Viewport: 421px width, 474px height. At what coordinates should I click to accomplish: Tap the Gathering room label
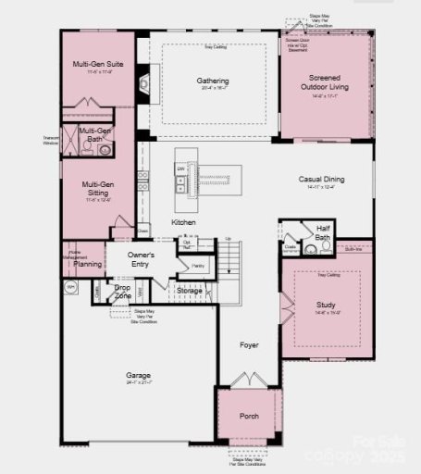click(212, 81)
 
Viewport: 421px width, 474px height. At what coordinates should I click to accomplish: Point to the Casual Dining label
click(321, 180)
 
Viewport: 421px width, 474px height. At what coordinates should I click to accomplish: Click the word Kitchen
click(183, 223)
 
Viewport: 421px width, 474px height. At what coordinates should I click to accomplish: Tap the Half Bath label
click(323, 232)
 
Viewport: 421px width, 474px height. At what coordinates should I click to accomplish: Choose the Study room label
click(325, 305)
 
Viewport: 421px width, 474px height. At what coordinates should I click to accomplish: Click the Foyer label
click(249, 345)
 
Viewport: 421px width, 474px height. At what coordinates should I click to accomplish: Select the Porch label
click(249, 417)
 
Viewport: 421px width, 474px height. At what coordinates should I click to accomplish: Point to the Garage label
click(139, 375)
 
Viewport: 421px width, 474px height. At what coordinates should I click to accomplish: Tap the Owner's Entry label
click(142, 259)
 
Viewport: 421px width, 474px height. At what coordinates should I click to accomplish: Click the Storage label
click(190, 291)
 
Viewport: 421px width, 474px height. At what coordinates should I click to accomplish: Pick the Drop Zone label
click(122, 292)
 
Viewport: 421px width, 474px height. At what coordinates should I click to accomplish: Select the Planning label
click(88, 264)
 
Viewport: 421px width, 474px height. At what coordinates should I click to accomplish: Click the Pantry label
click(198, 266)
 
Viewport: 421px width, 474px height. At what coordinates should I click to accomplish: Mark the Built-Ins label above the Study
click(353, 248)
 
